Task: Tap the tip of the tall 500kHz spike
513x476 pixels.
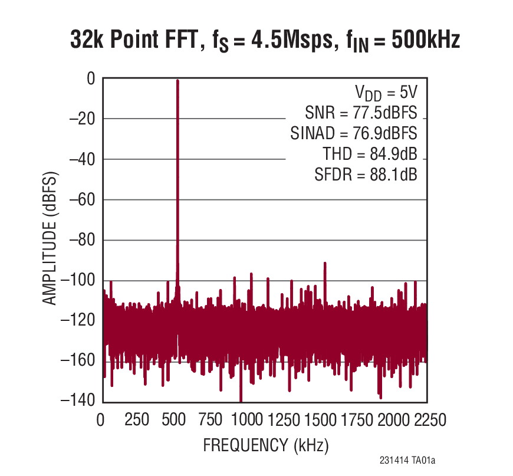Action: point(177,81)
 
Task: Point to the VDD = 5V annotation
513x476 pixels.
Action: point(386,93)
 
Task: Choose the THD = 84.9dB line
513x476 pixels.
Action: point(370,154)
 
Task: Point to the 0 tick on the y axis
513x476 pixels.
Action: point(91,78)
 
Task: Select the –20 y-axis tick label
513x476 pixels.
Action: point(83,119)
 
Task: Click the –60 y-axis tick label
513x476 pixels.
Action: point(83,200)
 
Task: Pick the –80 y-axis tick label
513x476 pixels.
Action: point(83,241)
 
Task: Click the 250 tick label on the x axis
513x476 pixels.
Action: point(137,421)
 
